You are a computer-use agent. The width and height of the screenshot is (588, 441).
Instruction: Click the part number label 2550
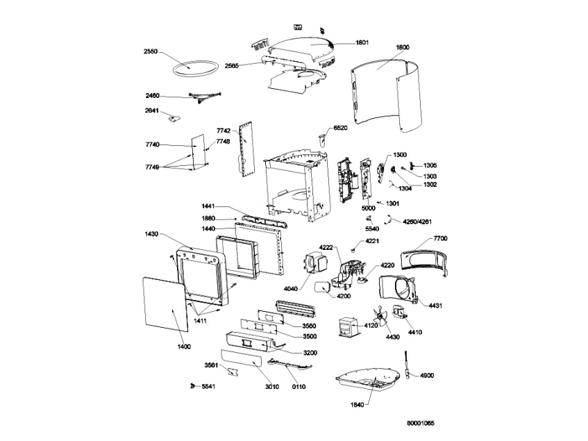point(152,51)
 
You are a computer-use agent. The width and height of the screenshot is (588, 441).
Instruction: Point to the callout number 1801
point(362,43)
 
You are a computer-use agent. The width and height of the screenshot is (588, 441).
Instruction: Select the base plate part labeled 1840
point(368,381)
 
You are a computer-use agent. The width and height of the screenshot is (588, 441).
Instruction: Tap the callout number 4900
point(426,375)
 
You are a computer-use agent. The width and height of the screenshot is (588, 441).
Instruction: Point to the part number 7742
point(223,131)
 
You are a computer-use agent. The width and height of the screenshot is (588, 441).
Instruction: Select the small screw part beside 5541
point(191,385)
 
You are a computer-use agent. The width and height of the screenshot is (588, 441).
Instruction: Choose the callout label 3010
point(271,386)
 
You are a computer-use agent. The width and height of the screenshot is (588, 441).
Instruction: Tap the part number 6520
point(341,128)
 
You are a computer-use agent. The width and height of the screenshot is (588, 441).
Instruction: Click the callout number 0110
point(298,386)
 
